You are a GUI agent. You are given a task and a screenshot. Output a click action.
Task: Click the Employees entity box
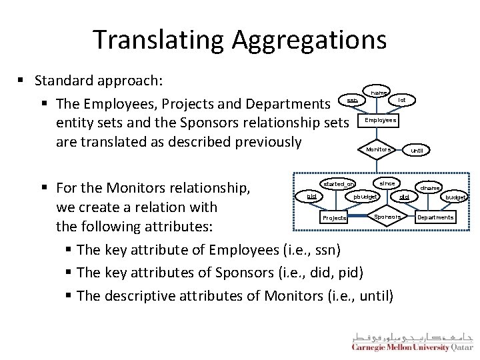(381, 121)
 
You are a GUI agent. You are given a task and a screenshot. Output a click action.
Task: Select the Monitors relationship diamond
(379, 149)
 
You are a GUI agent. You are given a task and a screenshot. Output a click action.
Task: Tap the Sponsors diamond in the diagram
(387, 217)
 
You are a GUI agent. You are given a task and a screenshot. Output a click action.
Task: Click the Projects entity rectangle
(334, 218)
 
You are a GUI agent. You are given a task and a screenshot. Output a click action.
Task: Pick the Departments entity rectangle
(435, 217)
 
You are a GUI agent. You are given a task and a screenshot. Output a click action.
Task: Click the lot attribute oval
(402, 100)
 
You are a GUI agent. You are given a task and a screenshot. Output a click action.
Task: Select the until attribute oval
(417, 150)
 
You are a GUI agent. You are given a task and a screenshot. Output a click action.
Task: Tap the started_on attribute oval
(338, 183)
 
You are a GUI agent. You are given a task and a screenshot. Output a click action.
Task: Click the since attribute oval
(387, 183)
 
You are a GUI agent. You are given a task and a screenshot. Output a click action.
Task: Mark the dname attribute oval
(430, 188)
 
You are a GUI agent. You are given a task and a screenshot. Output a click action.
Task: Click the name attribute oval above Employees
(378, 92)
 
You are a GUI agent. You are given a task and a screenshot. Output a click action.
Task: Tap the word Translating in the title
(159, 40)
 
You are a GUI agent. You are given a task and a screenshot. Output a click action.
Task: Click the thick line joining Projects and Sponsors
(360, 217)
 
